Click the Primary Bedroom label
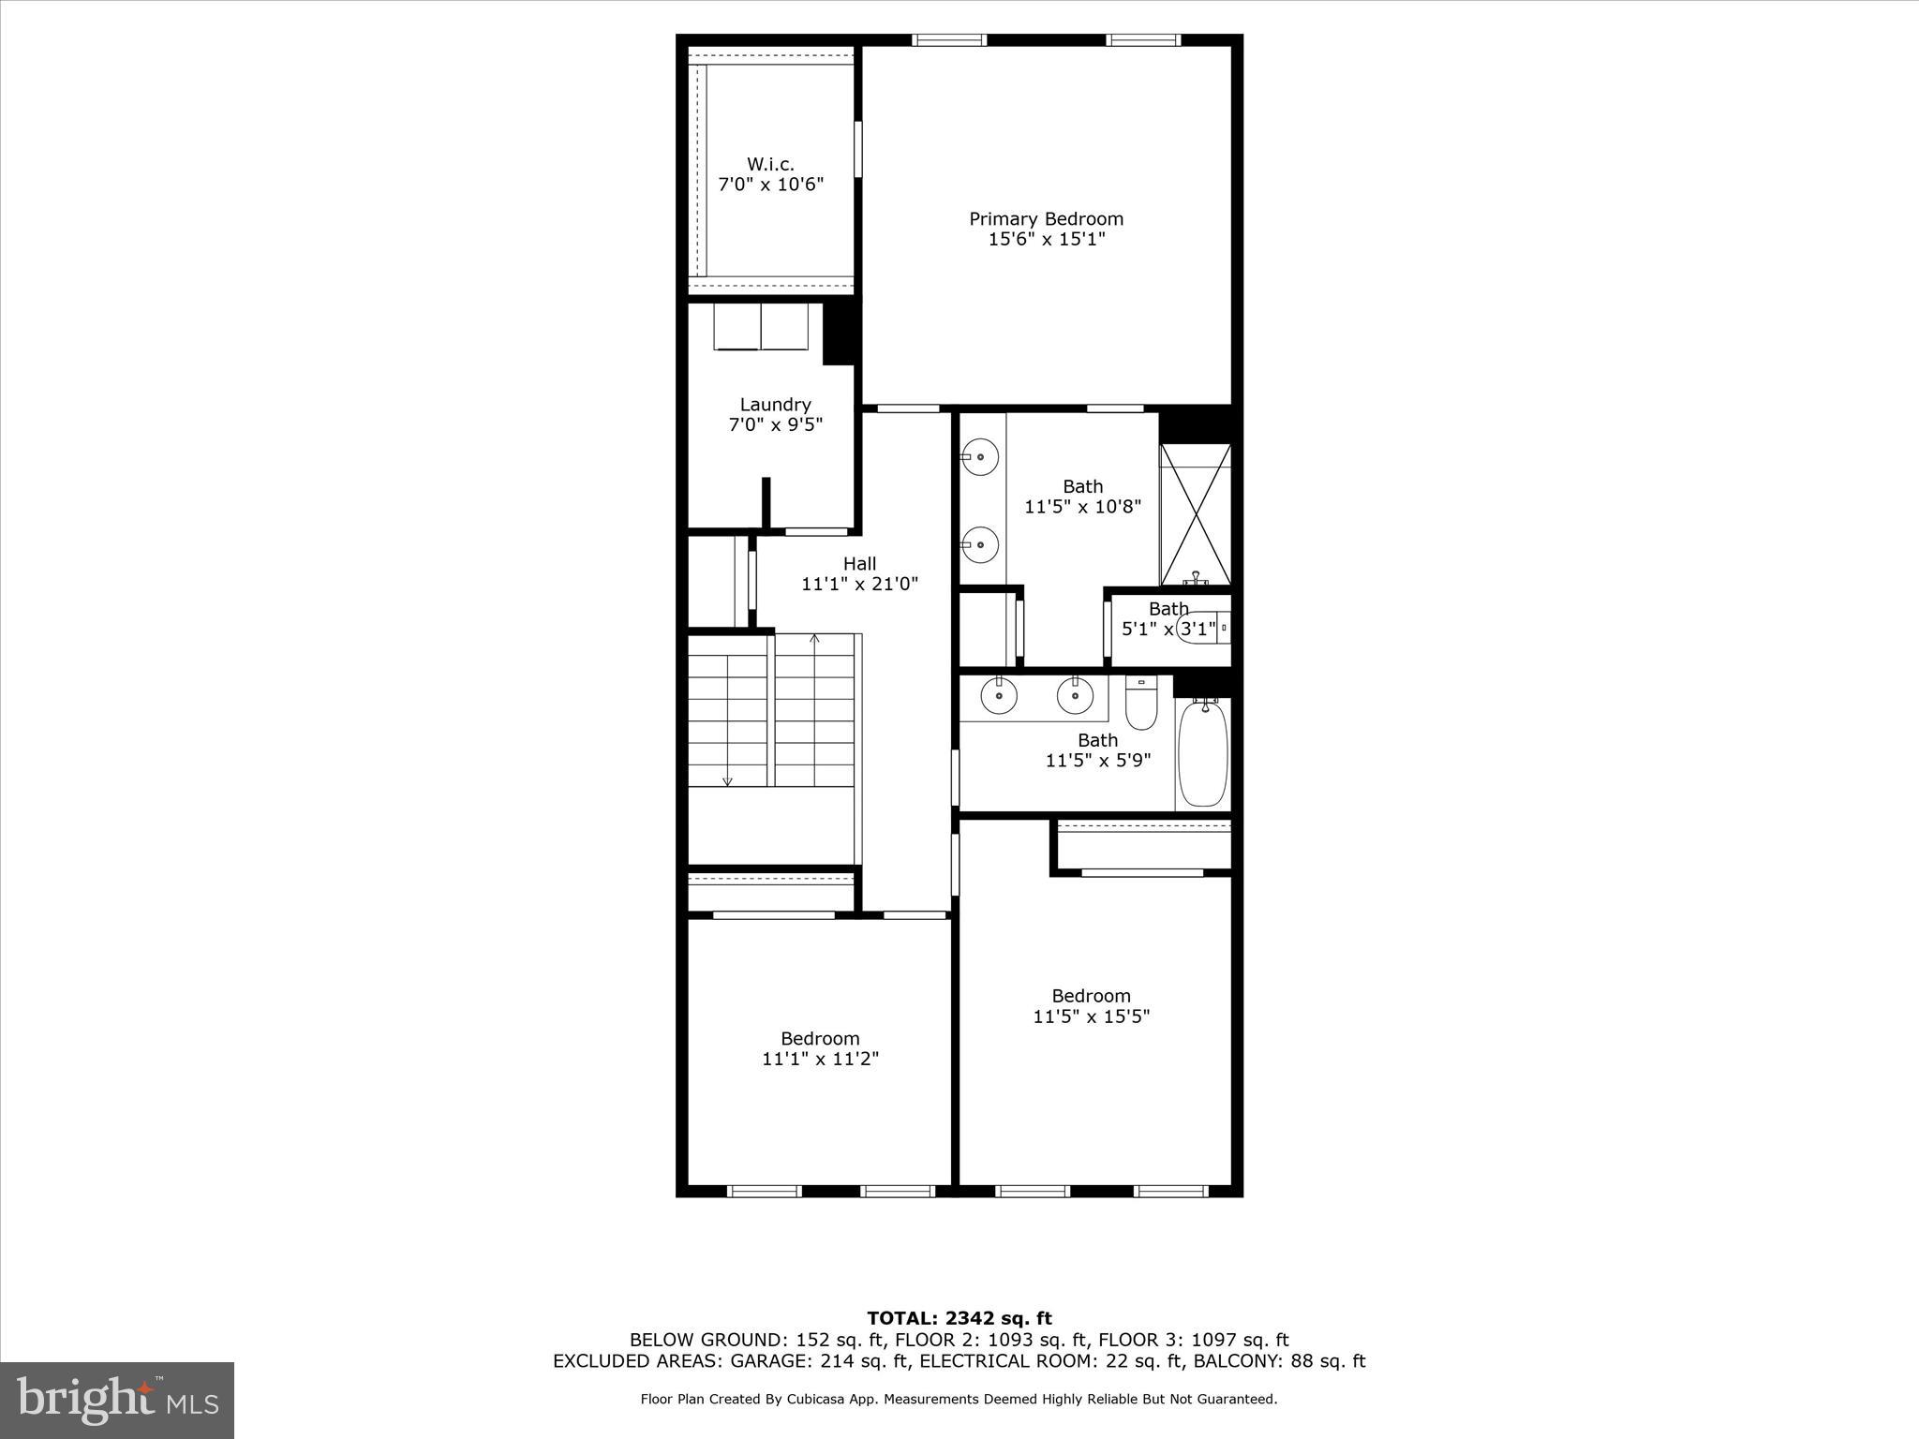[1046, 219]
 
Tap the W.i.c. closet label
[770, 165]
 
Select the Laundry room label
[775, 405]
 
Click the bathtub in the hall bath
[1203, 753]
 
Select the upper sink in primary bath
[980, 458]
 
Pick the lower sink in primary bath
[980, 544]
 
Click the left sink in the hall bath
[999, 695]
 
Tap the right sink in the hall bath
[1075, 695]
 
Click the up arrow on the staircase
[814, 640]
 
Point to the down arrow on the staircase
[727, 780]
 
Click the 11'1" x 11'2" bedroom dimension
[820, 1060]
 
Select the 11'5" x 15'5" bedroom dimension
[1091, 1016]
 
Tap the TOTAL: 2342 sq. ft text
[959, 1319]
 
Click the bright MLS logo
[117, 1400]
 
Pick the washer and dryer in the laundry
[761, 326]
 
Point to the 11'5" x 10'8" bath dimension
[1082, 507]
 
